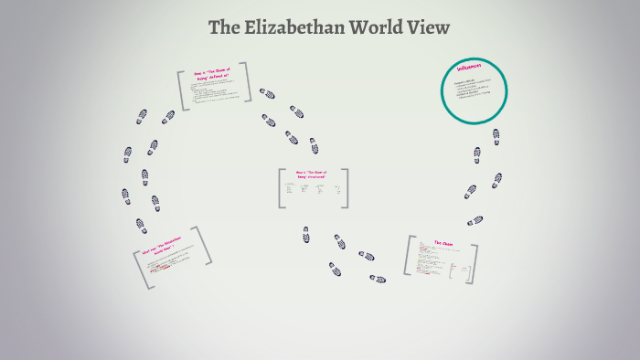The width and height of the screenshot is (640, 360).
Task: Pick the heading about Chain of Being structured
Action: point(312,175)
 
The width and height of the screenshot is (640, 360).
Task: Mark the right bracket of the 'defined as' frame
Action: point(250,83)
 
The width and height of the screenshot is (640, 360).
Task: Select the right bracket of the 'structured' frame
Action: point(347,188)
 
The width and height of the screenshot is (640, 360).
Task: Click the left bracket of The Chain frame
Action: point(408,257)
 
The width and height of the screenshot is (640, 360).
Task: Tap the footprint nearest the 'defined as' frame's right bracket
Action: point(267,93)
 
